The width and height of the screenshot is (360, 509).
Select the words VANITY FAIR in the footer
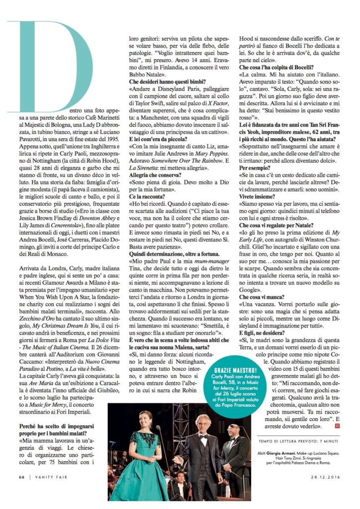(x=50, y=493)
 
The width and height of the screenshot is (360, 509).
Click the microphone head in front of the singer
(x=158, y=427)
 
